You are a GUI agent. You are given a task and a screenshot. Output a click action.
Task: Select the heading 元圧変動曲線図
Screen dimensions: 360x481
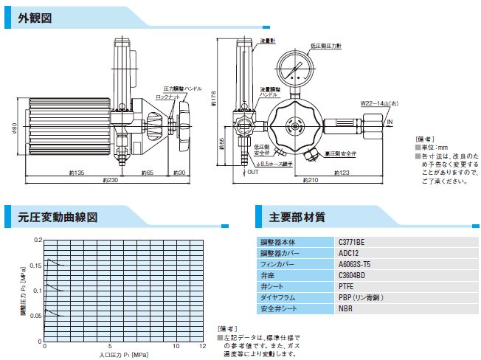tap(58, 217)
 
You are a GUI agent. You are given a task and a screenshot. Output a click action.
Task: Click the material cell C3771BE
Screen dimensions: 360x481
tap(352, 241)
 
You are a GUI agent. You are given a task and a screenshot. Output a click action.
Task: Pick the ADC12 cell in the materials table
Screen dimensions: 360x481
tap(347, 252)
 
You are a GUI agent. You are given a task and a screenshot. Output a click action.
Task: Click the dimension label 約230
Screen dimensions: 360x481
tap(110, 180)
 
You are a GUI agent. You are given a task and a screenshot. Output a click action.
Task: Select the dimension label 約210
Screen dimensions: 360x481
tap(311, 180)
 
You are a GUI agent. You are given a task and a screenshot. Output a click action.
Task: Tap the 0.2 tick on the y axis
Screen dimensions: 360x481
tap(38, 240)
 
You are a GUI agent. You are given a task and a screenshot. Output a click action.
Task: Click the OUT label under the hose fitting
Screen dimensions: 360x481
tap(252, 172)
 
